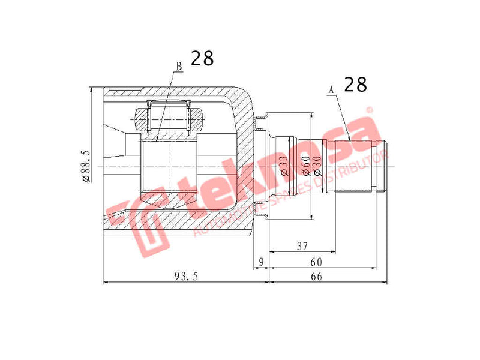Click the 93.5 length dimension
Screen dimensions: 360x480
186,275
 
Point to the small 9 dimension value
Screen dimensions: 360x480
260,261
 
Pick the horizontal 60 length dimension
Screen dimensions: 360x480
316,262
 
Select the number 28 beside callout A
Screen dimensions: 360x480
355,85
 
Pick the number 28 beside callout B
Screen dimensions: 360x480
202,59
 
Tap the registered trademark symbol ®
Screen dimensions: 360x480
370,110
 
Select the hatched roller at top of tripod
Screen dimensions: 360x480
170,118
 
